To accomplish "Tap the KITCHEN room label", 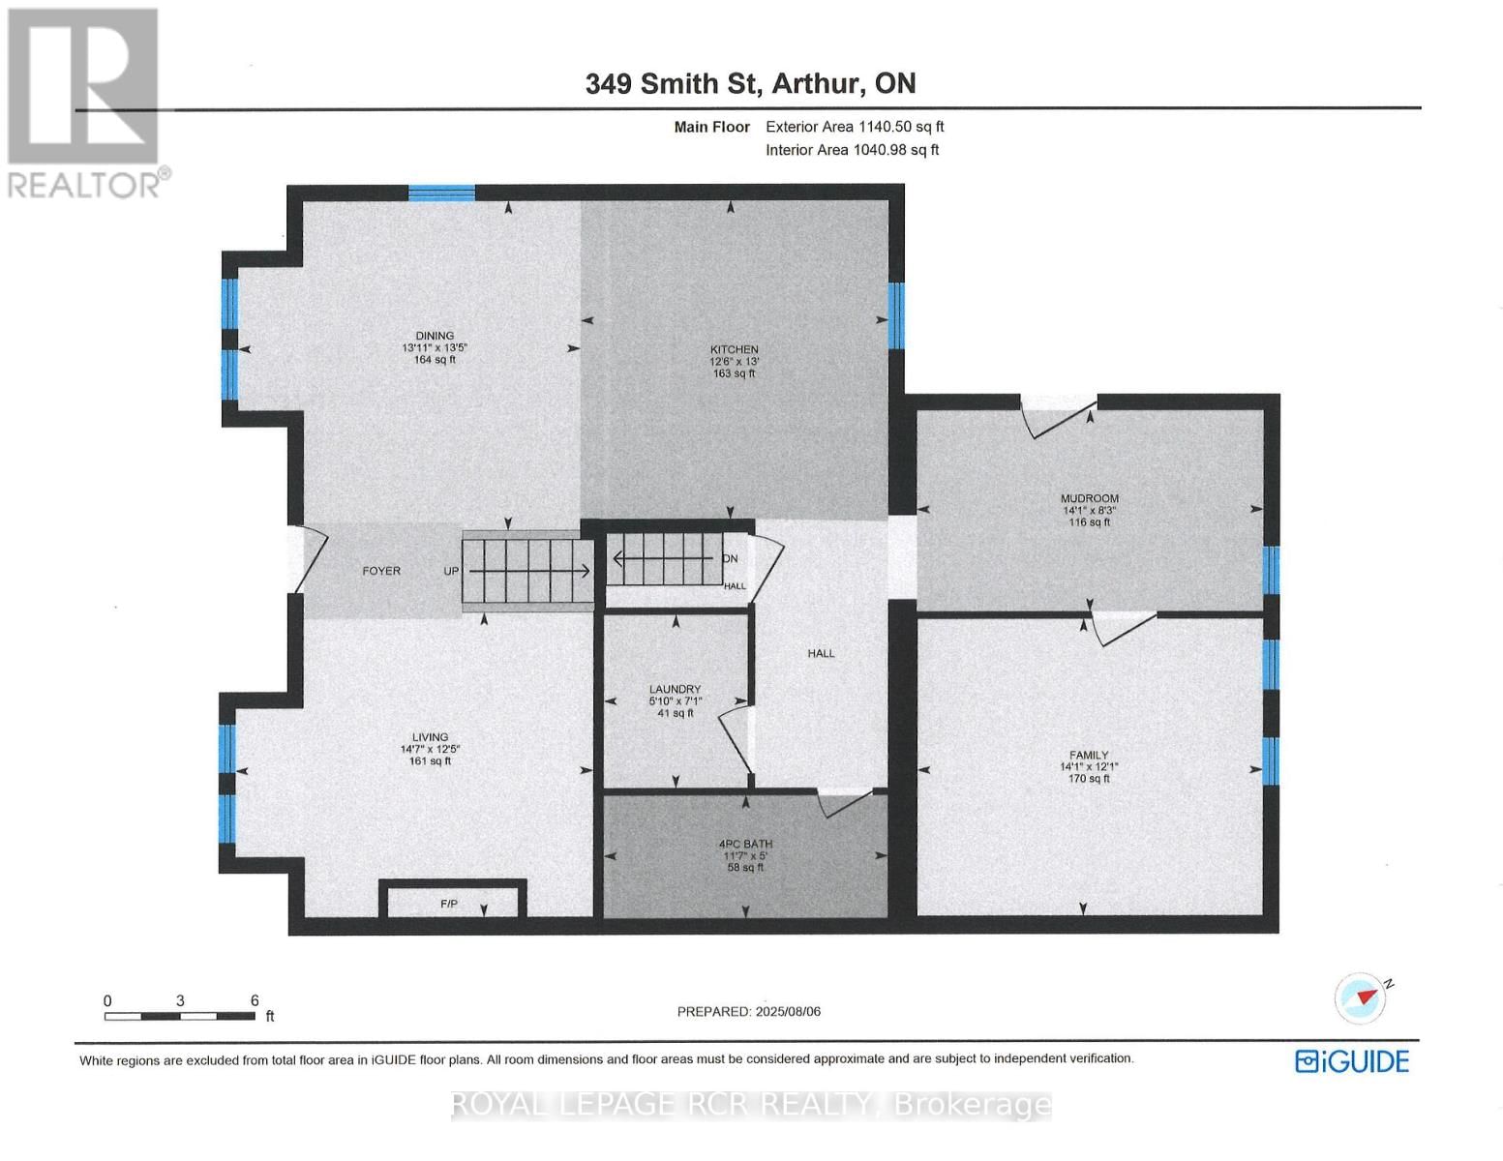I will pyautogui.click(x=734, y=350).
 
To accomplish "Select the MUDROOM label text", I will pyautogui.click(x=1089, y=499).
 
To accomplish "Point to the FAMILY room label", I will pyautogui.click(x=1089, y=756).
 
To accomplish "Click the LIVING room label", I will pyautogui.click(x=431, y=737).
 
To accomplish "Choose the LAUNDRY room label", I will pyautogui.click(x=675, y=690).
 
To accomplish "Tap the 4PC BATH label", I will pyautogui.click(x=745, y=845).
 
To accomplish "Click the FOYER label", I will pyautogui.click(x=381, y=571).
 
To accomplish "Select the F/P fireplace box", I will pyautogui.click(x=452, y=900).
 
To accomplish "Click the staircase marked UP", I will pyautogui.click(x=526, y=571).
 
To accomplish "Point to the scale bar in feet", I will pyautogui.click(x=180, y=1016).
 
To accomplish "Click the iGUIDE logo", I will pyautogui.click(x=1351, y=1061).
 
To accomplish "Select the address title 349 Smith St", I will pyautogui.click(x=750, y=83).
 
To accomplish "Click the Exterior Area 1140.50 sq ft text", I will pyautogui.click(x=855, y=127).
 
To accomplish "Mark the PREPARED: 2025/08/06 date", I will pyautogui.click(x=748, y=1012).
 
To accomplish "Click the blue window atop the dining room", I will pyautogui.click(x=441, y=193).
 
